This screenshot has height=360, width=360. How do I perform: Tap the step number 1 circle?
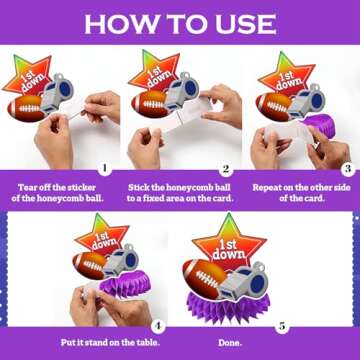coord(105,168)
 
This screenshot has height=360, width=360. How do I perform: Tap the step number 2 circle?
coord(226,168)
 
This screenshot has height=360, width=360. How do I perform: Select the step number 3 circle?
coord(346,168)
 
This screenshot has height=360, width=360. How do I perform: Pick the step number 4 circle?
coord(158,325)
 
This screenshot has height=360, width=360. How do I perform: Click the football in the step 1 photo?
coord(27,106)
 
